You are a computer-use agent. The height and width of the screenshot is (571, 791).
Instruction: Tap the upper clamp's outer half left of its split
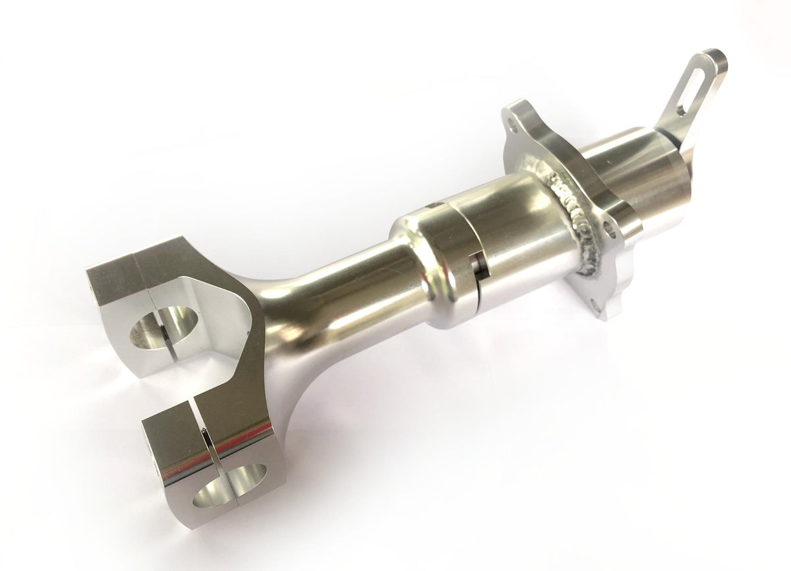click(x=115, y=277)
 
